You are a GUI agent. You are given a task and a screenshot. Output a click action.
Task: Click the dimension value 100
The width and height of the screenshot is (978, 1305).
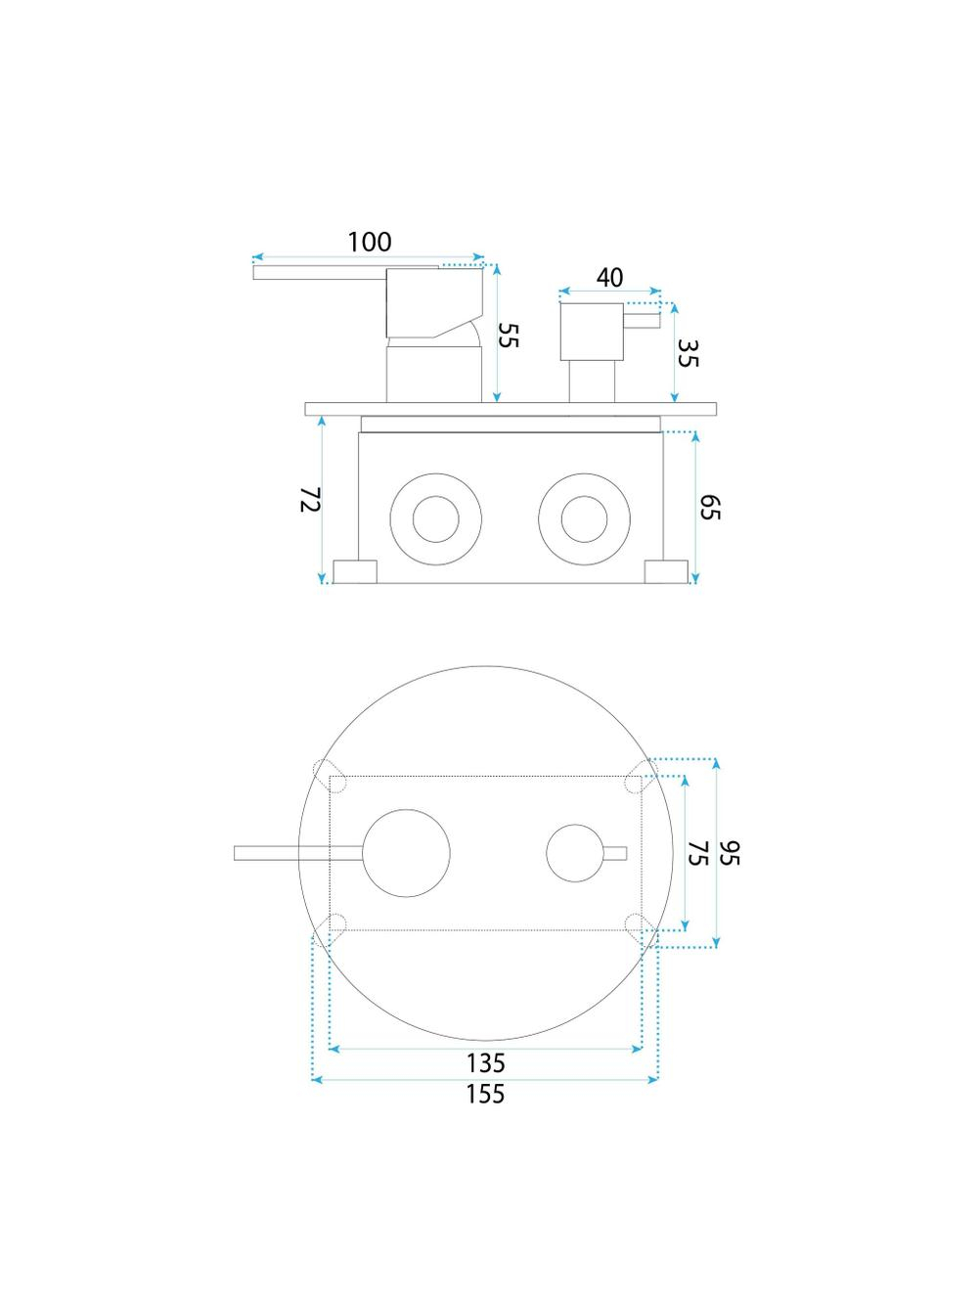click(x=369, y=242)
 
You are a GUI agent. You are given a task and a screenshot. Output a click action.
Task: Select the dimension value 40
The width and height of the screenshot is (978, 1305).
click(x=609, y=278)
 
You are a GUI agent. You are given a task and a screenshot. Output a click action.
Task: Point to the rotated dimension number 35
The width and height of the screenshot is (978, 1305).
click(x=687, y=353)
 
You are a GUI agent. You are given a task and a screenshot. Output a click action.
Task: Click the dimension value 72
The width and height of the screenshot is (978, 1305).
click(x=310, y=499)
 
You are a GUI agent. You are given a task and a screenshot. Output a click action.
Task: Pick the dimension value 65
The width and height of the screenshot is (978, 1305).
click(x=709, y=507)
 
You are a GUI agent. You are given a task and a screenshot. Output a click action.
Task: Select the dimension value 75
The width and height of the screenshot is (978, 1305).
click(x=698, y=853)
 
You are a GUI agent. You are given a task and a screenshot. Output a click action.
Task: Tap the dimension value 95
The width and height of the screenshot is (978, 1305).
click(x=729, y=853)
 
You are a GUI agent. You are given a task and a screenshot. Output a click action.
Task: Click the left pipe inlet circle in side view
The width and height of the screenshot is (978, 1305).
click(x=435, y=473)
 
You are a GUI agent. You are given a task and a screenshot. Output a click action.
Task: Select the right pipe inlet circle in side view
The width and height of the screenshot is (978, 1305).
click(x=584, y=473)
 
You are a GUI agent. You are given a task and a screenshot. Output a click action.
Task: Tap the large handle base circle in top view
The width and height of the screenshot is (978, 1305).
click(x=406, y=809)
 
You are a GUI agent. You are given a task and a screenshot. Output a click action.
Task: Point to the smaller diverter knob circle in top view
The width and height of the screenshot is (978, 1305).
click(x=575, y=825)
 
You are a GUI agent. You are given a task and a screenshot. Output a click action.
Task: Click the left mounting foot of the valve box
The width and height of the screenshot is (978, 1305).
click(x=355, y=571)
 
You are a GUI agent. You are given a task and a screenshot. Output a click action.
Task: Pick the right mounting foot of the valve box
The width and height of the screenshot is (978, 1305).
click(x=667, y=571)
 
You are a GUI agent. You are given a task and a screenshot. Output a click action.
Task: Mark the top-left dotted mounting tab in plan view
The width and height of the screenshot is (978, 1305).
click(x=330, y=776)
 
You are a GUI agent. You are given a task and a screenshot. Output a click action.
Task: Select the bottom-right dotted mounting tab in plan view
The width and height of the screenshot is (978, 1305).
click(x=642, y=930)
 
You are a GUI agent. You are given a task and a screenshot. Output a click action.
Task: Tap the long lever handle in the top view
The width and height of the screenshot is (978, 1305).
click(x=298, y=853)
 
